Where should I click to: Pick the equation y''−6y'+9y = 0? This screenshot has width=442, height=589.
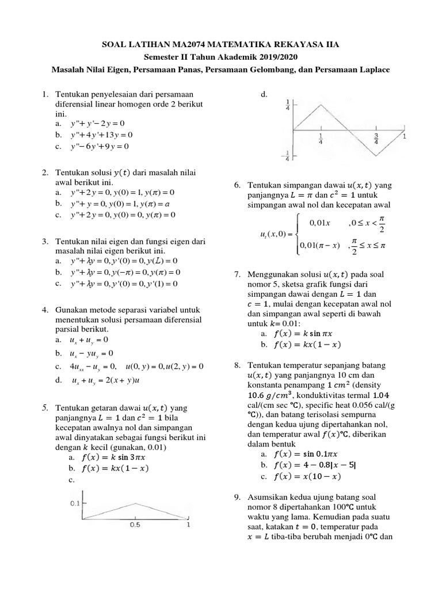coord(98,146)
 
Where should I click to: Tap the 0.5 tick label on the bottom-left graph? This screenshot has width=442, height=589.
coord(135,525)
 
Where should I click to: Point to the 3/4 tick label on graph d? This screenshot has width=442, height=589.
coord(377,139)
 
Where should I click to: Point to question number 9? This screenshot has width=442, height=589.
coord(237,496)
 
